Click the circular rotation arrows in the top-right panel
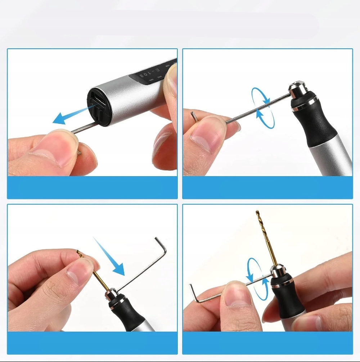(263, 108)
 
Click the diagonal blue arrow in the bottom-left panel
(109, 256)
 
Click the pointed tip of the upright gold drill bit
(257, 211)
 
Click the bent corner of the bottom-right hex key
(198, 301)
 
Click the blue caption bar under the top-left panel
(92, 187)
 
